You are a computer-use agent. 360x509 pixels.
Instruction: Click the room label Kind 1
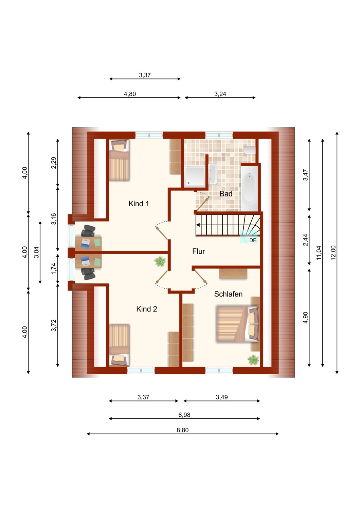coord(139,204)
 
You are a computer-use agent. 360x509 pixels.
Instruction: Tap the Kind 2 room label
coord(146,309)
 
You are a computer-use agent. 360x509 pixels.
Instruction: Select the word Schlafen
coord(228,294)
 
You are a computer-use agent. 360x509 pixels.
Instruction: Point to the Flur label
coord(198,251)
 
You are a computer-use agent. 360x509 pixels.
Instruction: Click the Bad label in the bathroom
coord(226,194)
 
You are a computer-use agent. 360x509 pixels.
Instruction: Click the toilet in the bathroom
coord(250,150)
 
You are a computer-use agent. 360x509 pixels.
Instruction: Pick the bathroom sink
coord(213,174)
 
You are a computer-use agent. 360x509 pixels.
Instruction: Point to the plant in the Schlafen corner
coord(253,360)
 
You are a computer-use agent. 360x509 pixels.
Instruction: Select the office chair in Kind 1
coord(88,231)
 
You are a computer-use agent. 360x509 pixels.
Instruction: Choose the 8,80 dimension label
coord(182,430)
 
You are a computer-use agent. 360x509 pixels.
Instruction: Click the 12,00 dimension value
coord(333,253)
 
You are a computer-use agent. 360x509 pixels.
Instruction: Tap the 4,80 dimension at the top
coord(130,94)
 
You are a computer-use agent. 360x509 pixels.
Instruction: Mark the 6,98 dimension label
coord(184,415)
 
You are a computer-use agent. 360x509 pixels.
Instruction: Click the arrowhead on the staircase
coord(198,225)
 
